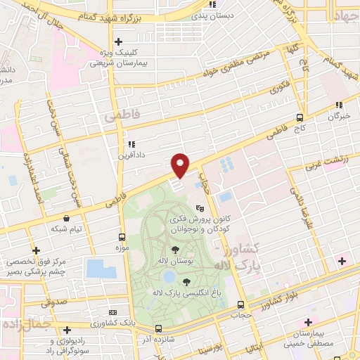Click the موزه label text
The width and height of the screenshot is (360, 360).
(x=122, y=248)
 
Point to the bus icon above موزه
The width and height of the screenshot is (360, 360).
(x=122, y=237)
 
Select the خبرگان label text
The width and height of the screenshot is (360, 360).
(x=339, y=116)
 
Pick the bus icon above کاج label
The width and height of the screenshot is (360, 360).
(x=300, y=117)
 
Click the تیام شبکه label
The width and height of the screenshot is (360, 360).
(x=66, y=230)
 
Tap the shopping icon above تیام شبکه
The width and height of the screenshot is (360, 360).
(x=66, y=219)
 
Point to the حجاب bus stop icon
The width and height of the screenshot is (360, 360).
(x=241, y=304)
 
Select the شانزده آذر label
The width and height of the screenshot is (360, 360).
(x=158, y=340)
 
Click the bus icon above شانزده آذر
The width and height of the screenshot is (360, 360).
(x=158, y=328)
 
